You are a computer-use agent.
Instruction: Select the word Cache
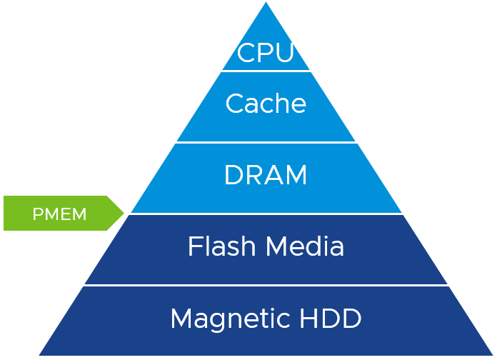[x=266, y=104]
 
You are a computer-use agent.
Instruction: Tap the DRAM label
[x=266, y=175]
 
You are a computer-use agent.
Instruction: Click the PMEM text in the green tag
[x=59, y=214]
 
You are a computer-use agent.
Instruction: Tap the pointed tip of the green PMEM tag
[x=124, y=213]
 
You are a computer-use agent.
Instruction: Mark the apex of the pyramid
[x=266, y=4]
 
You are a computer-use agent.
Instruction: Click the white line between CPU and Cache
[x=266, y=71]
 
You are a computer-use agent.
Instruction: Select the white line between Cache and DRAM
[x=266, y=142]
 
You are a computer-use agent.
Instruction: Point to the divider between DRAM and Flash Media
[x=266, y=214]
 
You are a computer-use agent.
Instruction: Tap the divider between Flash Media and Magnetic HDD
[x=266, y=286]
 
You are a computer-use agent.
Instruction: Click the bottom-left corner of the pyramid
[x=40, y=355]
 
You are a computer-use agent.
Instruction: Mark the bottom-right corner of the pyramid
[x=493, y=355]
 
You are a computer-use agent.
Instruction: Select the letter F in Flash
[x=194, y=246]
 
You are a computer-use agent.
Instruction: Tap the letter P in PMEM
[x=37, y=214]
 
